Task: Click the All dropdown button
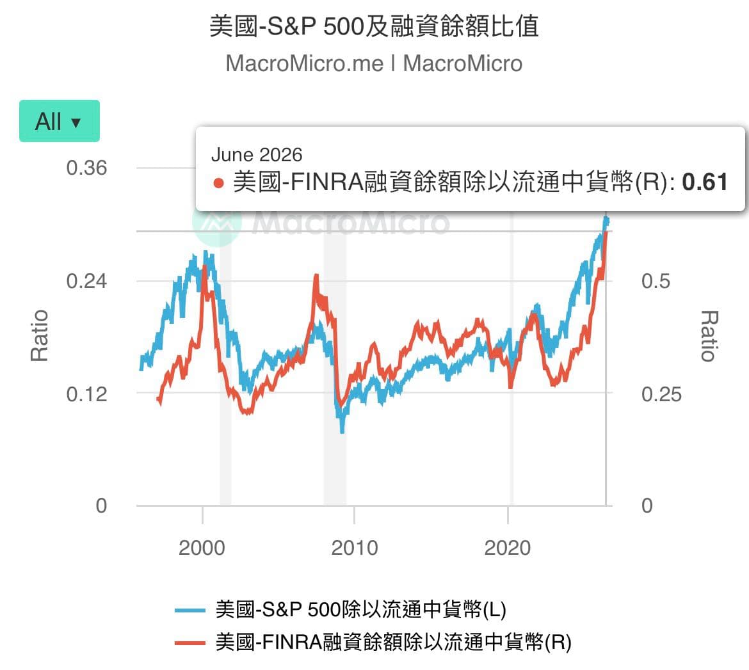60,121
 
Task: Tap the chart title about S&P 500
374,26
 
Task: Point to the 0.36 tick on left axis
86,168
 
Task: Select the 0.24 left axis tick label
86,281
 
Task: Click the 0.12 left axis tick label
86,394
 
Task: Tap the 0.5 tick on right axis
656,281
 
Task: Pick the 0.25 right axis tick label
661,394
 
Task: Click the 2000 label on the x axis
202,548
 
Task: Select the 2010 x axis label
355,548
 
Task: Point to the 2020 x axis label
507,548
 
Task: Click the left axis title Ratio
39,335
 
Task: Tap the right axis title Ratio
710,336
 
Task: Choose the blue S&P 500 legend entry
340,610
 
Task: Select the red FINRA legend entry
373,642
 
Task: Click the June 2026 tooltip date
257,155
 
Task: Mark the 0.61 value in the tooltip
705,182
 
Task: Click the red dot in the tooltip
219,183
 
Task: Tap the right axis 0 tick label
647,506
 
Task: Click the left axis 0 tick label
101,506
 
